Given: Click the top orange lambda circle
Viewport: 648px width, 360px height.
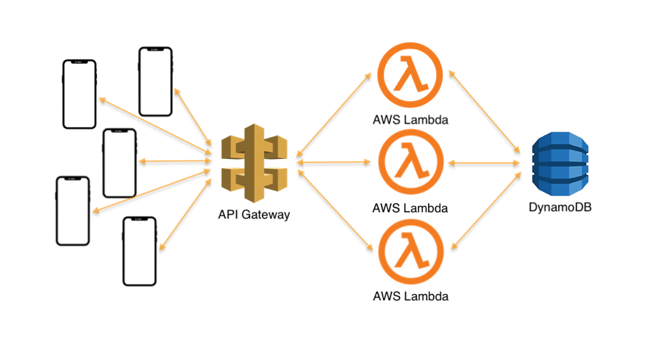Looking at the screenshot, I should coord(410,75).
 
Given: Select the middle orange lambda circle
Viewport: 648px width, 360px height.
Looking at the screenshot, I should coord(410,162).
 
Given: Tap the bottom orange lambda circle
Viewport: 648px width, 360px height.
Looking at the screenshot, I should coord(410,252).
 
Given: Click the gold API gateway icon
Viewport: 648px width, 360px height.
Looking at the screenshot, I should coord(254,162).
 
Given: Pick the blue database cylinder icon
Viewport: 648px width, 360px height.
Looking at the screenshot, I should coord(559,164).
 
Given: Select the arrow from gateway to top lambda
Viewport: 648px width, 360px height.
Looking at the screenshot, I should coord(334,114).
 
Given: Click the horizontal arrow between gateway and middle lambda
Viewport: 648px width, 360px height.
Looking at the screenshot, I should coord(334,162).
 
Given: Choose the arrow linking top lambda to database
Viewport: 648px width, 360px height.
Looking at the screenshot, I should coord(484,111).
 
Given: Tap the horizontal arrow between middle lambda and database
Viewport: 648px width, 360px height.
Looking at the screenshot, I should coord(484,162).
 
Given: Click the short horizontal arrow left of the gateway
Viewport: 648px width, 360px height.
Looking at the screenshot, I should coord(175,161).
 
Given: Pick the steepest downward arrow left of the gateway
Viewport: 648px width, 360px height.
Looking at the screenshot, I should coord(186,214).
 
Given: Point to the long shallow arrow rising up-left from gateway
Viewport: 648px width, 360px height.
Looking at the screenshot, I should coord(155,124).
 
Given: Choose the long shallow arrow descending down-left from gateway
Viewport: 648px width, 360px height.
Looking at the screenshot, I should coord(152,190).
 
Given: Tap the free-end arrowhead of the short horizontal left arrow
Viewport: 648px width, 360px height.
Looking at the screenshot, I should coord(141,161).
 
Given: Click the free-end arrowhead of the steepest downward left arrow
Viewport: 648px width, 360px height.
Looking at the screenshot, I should coord(162,247).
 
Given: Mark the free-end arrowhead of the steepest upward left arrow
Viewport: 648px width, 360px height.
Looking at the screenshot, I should coord(176,90).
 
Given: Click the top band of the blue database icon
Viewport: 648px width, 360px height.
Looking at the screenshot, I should coord(559,141).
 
